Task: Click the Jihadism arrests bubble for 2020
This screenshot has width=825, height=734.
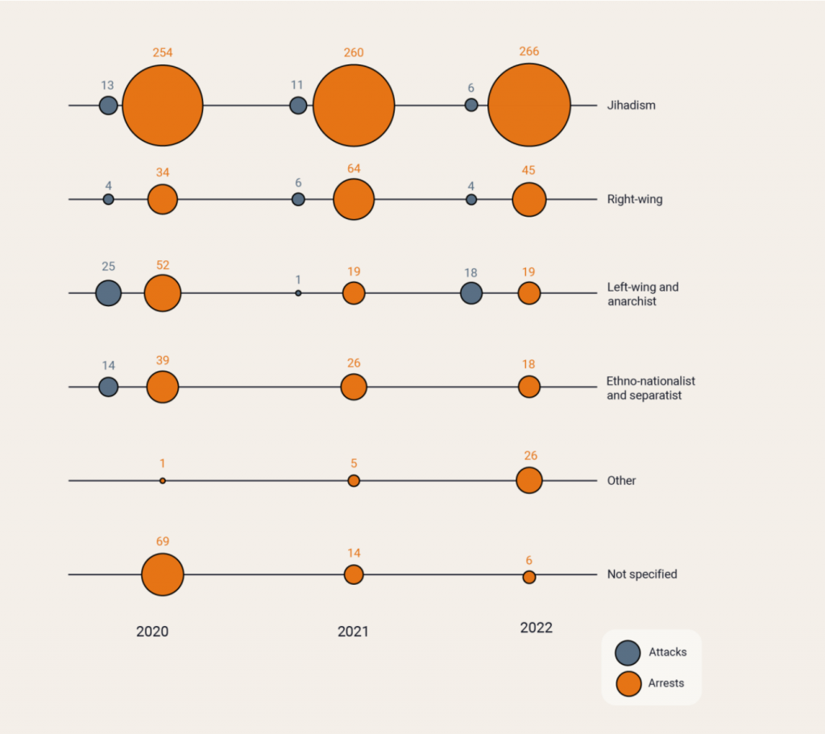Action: click(x=162, y=106)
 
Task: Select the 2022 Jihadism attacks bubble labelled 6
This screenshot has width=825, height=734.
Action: click(x=471, y=105)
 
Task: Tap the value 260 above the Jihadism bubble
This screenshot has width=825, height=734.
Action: click(x=354, y=53)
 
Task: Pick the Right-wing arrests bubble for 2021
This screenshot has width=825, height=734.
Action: click(x=354, y=199)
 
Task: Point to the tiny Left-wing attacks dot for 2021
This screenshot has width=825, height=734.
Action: click(x=298, y=293)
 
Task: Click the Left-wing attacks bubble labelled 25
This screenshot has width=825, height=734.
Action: click(x=108, y=293)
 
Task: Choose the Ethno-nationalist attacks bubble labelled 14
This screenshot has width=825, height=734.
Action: click(x=108, y=387)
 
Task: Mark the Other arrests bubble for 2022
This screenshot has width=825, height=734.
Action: click(x=529, y=480)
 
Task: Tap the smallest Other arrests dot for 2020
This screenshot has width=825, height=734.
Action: click(x=163, y=480)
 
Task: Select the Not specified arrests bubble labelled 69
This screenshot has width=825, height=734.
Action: click(x=162, y=574)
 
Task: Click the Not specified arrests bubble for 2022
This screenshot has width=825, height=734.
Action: click(x=529, y=577)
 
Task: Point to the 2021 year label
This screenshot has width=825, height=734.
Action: click(x=353, y=632)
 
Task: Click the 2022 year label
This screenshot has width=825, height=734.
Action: click(x=537, y=628)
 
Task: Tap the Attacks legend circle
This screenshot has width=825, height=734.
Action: click(x=627, y=653)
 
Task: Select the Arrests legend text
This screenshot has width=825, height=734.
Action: click(x=666, y=683)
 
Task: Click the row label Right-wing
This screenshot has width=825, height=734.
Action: click(x=635, y=199)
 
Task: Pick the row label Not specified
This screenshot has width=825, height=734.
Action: click(x=642, y=574)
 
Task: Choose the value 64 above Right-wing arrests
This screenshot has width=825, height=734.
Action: click(x=354, y=168)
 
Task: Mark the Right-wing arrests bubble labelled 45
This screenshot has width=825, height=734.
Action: click(x=529, y=199)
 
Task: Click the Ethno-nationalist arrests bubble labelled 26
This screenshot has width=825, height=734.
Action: click(x=354, y=387)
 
